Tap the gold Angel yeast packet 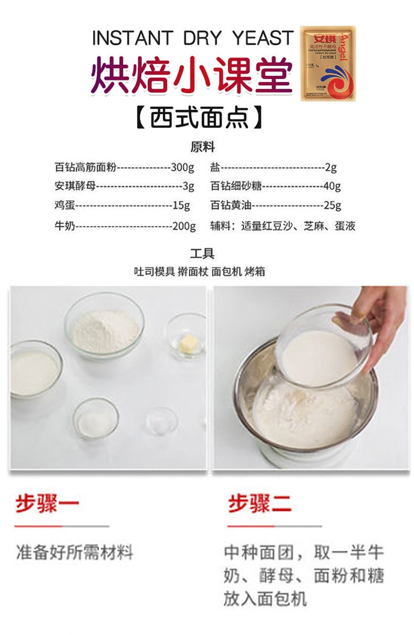tap(328, 63)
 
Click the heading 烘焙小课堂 tap(192, 74)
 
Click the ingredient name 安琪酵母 tap(75, 186)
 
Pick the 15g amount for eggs tap(181, 205)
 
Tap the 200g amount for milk tap(184, 226)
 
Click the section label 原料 tap(202, 147)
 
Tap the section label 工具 tap(202, 254)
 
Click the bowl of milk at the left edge tap(33, 371)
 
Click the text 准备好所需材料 tap(75, 552)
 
